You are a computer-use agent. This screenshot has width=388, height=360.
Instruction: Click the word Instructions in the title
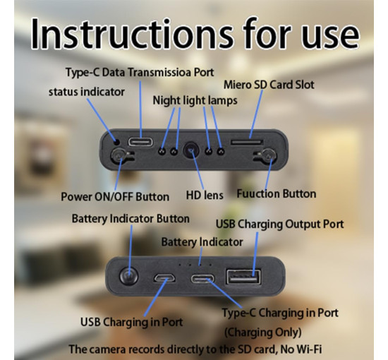click(132, 34)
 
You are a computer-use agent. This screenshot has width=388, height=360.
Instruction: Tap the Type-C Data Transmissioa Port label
click(140, 73)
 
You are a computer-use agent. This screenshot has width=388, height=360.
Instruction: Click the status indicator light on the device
click(117, 142)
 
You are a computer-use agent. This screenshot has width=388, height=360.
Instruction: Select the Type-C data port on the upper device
click(140, 142)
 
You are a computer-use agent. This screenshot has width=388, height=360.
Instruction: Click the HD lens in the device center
click(190, 150)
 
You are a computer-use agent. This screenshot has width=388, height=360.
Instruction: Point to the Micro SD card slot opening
click(246, 142)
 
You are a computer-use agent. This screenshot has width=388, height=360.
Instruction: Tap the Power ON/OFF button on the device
click(117, 155)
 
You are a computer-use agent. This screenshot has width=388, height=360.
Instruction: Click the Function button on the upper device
click(269, 156)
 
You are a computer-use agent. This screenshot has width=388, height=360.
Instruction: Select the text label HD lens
click(205, 195)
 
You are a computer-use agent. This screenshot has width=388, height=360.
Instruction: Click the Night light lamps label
click(195, 100)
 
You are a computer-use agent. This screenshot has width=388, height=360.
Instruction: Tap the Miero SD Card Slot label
click(269, 85)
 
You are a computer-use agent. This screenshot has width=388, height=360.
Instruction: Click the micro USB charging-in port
click(164, 278)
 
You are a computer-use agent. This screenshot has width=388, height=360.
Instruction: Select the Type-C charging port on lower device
click(202, 279)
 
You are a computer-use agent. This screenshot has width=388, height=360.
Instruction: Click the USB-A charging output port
click(244, 277)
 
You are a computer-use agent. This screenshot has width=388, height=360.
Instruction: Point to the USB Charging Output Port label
click(279, 224)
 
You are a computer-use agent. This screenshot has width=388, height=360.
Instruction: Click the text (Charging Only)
click(263, 332)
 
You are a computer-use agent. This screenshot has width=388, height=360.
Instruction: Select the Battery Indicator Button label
click(131, 219)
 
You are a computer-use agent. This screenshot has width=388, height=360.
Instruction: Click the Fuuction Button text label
click(277, 193)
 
